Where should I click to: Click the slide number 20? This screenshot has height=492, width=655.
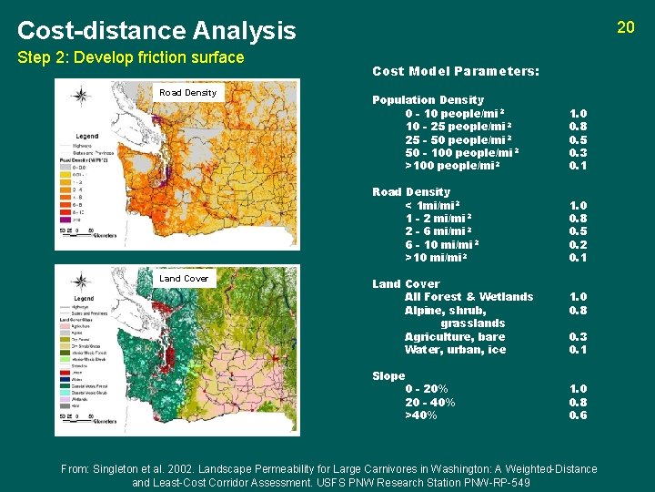pos(625,27)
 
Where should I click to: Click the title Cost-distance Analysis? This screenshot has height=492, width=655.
pos(156,31)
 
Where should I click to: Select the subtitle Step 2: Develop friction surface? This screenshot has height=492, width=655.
pos(131,58)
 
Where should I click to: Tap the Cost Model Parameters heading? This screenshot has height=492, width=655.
pos(456,71)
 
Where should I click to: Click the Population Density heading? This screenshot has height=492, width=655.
pos(428,100)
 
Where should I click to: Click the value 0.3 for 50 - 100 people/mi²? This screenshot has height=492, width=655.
pos(578,152)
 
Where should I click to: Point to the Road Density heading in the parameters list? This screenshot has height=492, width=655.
pos(411,192)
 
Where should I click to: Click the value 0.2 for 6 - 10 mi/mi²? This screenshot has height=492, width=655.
pos(578,244)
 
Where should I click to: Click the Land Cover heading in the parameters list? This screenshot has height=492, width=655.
pos(406,284)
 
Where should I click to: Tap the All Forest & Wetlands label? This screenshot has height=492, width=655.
pos(469,297)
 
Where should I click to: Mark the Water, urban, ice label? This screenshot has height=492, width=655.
pos(456,350)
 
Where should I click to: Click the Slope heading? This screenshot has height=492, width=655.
pos(388,376)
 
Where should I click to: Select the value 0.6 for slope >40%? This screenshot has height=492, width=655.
pos(578,415)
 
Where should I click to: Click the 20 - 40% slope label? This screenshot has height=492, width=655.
pos(430,403)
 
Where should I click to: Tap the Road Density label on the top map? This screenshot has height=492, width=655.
pos(187,93)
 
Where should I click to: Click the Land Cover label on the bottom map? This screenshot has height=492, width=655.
pos(184,279)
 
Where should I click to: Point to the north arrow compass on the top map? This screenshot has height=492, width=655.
pos(80,95)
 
